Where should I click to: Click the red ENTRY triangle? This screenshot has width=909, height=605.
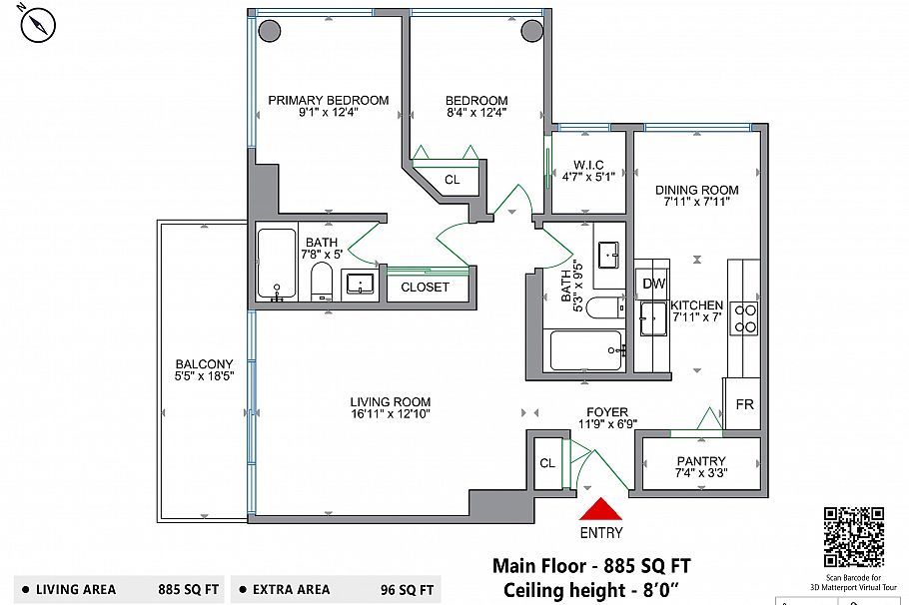(600, 510)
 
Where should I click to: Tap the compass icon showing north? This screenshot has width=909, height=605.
(38, 26)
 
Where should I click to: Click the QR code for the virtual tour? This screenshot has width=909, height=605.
(854, 537)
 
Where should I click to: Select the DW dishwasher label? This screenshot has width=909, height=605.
(654, 284)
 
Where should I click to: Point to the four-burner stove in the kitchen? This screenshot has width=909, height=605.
(745, 318)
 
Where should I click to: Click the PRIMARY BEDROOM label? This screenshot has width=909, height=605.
(328, 100)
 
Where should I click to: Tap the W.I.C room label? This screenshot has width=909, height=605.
(588, 165)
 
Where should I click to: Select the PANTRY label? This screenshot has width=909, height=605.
(701, 460)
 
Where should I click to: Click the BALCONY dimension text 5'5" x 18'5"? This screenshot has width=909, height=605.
(204, 376)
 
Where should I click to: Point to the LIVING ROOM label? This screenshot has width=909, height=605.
(391, 401)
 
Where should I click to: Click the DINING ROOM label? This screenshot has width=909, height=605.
(697, 190)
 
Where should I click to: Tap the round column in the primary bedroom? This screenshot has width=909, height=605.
(269, 31)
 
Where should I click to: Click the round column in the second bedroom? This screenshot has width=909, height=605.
(531, 31)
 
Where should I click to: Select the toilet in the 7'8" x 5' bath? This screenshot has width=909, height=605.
(322, 282)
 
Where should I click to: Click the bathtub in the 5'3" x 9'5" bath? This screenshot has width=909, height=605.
(585, 350)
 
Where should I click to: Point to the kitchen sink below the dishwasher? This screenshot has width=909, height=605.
(653, 318)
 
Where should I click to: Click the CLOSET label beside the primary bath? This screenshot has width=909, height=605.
(425, 287)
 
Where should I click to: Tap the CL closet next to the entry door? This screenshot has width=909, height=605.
(547, 463)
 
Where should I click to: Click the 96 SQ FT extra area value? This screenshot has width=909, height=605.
(407, 590)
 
